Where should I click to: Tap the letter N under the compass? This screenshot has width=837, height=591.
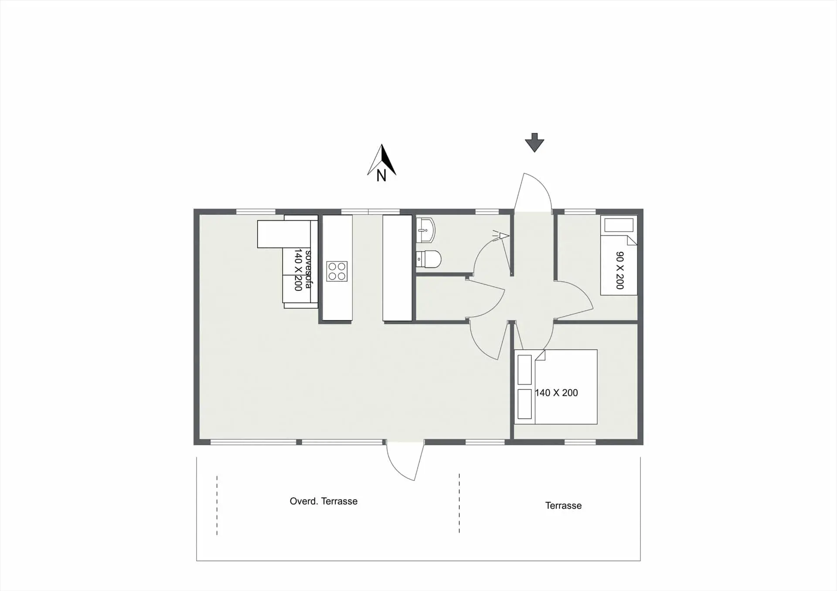click(x=381, y=176)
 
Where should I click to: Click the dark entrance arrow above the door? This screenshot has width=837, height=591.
click(x=534, y=142)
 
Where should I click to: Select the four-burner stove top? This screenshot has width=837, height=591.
click(x=337, y=271)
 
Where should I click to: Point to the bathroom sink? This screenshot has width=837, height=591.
click(x=425, y=230)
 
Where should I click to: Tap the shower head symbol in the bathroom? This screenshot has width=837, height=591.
click(x=503, y=236)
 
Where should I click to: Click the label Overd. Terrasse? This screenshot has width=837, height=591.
click(x=323, y=501)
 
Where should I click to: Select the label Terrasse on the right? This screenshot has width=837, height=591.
click(x=563, y=506)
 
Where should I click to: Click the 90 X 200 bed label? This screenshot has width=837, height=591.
click(x=619, y=270)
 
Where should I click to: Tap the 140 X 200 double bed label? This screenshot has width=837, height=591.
click(x=556, y=393)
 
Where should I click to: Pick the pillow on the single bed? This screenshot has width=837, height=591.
click(x=619, y=226)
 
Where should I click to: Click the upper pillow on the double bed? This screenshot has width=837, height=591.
click(x=524, y=369)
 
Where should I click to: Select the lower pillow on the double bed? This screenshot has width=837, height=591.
click(x=524, y=404)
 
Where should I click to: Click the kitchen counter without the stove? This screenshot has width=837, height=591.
click(x=397, y=268)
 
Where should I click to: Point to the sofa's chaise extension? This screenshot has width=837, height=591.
click(x=283, y=234)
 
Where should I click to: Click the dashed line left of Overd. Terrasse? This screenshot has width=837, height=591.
click(x=217, y=505)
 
